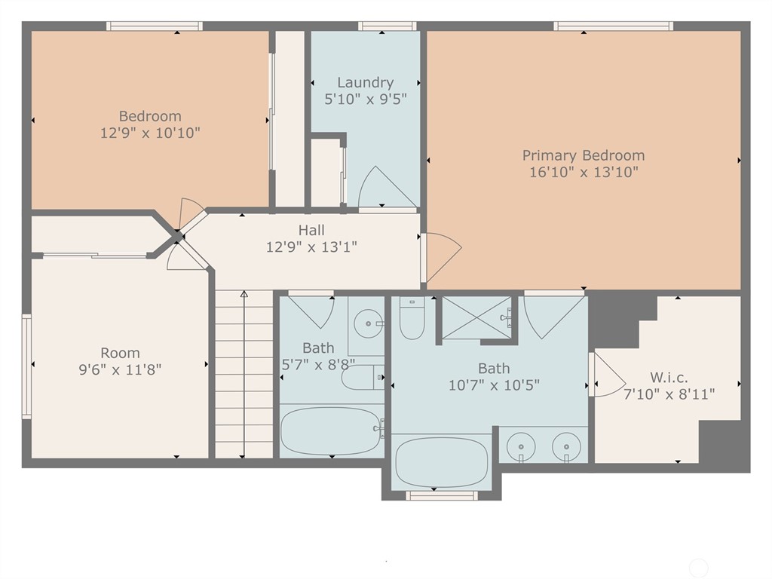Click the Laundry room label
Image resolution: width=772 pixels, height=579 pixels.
pyautogui.click(x=365, y=83)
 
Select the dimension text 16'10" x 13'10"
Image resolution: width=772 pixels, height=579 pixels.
pyautogui.click(x=584, y=172)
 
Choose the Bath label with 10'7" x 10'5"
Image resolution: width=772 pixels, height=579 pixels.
pyautogui.click(x=493, y=369)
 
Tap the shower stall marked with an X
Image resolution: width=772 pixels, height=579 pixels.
pyautogui.click(x=476, y=317)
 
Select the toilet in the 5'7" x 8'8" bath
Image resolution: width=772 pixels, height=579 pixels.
pyautogui.click(x=362, y=376)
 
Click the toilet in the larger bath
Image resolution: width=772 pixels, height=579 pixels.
pyautogui.click(x=412, y=320)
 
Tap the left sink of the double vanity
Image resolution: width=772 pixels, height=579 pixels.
pyautogui.click(x=521, y=446)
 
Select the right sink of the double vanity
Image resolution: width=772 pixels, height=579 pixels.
pyautogui.click(x=566, y=446)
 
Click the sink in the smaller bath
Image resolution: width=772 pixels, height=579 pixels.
pyautogui.click(x=368, y=325)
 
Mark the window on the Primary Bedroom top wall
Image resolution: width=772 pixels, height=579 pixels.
pyautogui.click(x=613, y=26)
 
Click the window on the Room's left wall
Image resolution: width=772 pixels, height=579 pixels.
pyautogui.click(x=26, y=366)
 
